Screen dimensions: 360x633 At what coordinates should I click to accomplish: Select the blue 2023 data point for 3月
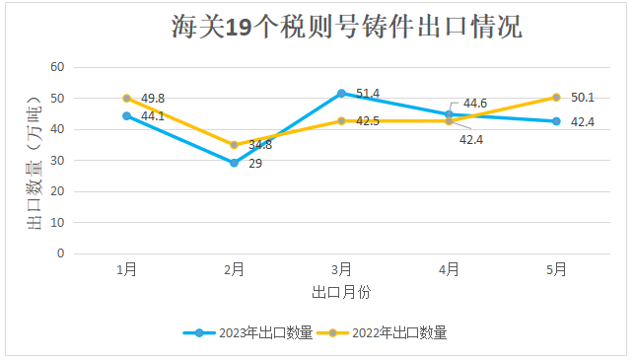(341, 94)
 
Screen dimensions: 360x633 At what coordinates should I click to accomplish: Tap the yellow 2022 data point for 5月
(556, 98)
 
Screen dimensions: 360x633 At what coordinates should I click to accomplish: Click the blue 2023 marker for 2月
(234, 163)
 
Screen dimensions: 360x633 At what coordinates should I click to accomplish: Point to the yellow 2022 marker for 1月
(126, 99)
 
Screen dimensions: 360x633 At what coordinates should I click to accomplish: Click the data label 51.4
(368, 94)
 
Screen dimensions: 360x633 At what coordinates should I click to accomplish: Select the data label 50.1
(583, 98)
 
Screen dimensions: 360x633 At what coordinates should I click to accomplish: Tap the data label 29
(254, 164)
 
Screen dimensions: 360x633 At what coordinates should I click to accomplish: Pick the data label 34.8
(260, 145)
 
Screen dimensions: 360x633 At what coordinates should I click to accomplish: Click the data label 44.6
(475, 104)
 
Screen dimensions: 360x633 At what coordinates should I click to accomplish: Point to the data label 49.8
(152, 99)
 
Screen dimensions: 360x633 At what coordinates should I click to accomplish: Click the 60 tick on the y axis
(57, 67)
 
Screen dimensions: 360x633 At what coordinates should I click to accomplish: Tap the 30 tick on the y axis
(57, 160)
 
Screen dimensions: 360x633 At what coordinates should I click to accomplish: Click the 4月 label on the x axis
(449, 269)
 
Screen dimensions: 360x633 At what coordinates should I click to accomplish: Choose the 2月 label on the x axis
(234, 269)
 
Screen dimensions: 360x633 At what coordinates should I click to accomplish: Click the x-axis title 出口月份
(341, 292)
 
